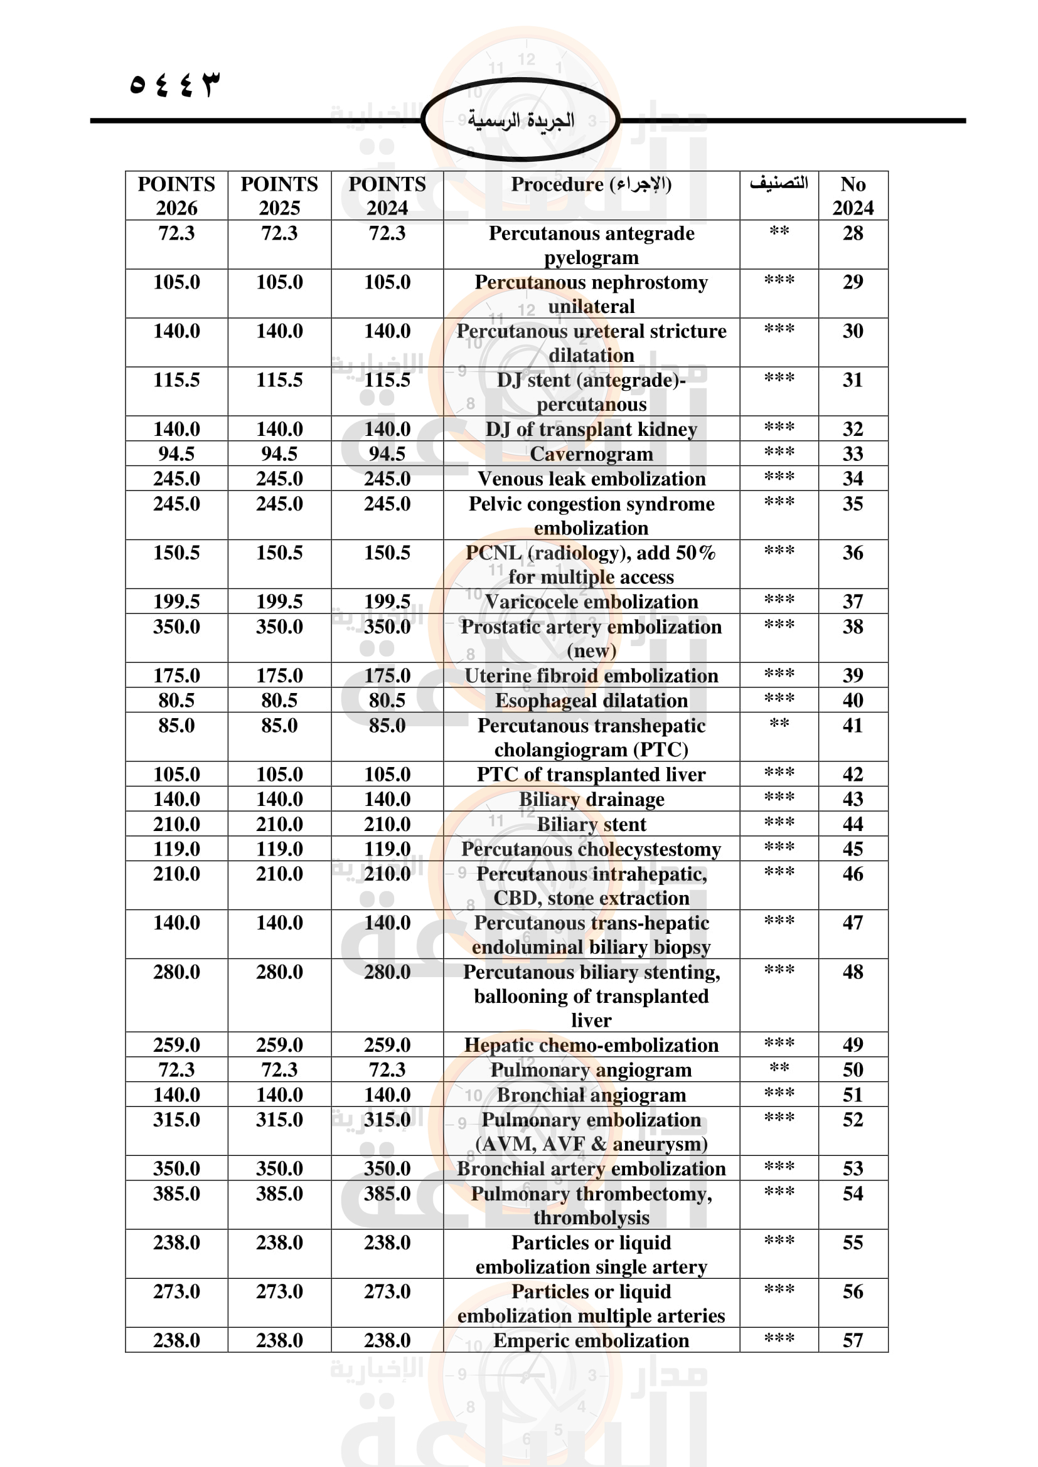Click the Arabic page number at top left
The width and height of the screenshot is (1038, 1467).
(174, 84)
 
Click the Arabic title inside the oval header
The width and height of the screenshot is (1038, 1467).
(521, 120)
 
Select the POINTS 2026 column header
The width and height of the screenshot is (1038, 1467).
(176, 196)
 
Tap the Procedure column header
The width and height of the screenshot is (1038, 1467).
(591, 184)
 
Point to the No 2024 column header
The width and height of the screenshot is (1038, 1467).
(853, 196)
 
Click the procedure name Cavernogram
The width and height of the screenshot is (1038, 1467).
(591, 454)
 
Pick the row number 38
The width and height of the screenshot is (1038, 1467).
(853, 627)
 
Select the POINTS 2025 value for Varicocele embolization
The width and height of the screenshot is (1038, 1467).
(279, 602)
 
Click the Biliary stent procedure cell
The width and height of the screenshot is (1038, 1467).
(591, 825)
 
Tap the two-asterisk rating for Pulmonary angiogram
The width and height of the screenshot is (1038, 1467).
(779, 1068)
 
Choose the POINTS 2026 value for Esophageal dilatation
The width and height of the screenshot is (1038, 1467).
(176, 701)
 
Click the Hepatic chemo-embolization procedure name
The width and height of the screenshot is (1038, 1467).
(591, 1046)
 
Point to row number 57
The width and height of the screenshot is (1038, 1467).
(853, 1340)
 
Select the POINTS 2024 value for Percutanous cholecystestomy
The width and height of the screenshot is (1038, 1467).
(387, 849)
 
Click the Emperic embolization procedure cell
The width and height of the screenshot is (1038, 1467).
(591, 1340)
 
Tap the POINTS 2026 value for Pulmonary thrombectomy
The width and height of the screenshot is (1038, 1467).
(176, 1194)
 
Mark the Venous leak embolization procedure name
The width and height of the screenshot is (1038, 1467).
(591, 479)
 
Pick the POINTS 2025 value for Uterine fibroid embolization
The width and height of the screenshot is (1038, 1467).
(279, 676)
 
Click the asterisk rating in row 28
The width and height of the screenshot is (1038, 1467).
(779, 231)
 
